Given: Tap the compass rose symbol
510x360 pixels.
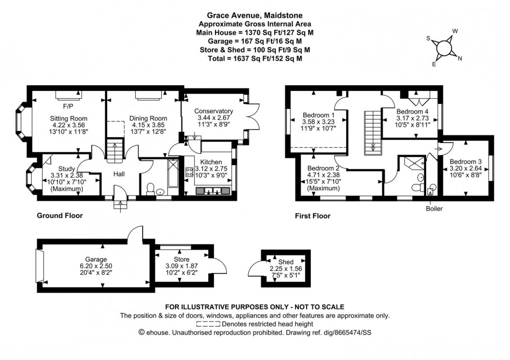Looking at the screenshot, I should (x=444, y=47).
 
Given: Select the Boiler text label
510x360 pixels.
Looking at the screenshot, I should (x=432, y=209).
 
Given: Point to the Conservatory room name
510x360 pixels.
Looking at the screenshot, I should (x=213, y=111).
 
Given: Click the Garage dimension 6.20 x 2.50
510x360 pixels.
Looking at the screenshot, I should (x=96, y=266).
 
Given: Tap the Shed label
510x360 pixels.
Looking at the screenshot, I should (x=286, y=262).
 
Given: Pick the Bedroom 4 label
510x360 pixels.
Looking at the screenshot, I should (x=412, y=111).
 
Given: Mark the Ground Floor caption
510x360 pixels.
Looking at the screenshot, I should (x=59, y=215).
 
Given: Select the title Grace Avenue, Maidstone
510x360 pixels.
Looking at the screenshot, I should (x=254, y=16).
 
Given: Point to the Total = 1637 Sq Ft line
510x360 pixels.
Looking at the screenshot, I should (x=254, y=59).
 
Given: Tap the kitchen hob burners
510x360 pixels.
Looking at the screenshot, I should (x=187, y=171).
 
